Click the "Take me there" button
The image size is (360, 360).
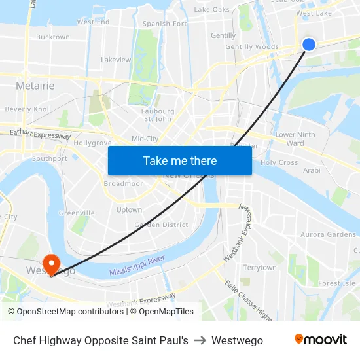(x=180, y=160)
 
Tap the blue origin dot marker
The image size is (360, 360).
(x=309, y=44)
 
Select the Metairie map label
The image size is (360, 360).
(x=35, y=86)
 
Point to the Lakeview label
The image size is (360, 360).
(x=116, y=60)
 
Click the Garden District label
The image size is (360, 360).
(x=161, y=225)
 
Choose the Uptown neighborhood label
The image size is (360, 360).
(x=129, y=210)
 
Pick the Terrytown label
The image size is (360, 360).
(x=260, y=268)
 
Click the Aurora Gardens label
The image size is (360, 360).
(x=328, y=234)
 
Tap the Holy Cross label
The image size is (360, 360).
(x=279, y=162)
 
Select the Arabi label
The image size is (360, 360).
(x=312, y=170)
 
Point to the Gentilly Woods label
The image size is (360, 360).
(x=252, y=47)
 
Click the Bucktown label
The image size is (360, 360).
(x=53, y=37)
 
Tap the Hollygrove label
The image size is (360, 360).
(x=94, y=142)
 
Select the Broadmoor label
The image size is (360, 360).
(x=123, y=184)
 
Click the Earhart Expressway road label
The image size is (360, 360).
(x=40, y=135)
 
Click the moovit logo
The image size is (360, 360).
(x=320, y=340)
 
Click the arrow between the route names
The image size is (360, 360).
(x=200, y=340)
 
